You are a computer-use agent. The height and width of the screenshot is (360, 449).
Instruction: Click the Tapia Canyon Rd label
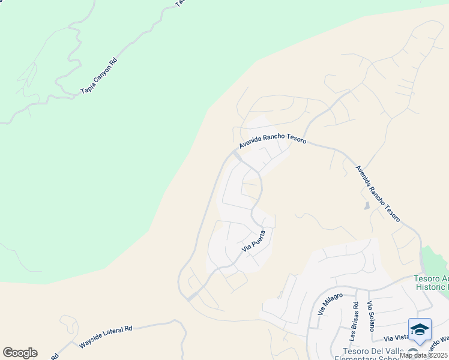98,76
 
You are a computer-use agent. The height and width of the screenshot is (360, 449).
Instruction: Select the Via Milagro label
331,304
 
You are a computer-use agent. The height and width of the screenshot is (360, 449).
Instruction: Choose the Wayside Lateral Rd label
106,337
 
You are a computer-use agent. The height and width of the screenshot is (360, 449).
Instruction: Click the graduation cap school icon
420,329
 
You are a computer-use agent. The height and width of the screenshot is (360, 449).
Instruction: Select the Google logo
20,353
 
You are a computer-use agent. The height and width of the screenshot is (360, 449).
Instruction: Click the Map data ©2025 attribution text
424,355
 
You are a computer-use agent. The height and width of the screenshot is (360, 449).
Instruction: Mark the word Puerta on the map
256,238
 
